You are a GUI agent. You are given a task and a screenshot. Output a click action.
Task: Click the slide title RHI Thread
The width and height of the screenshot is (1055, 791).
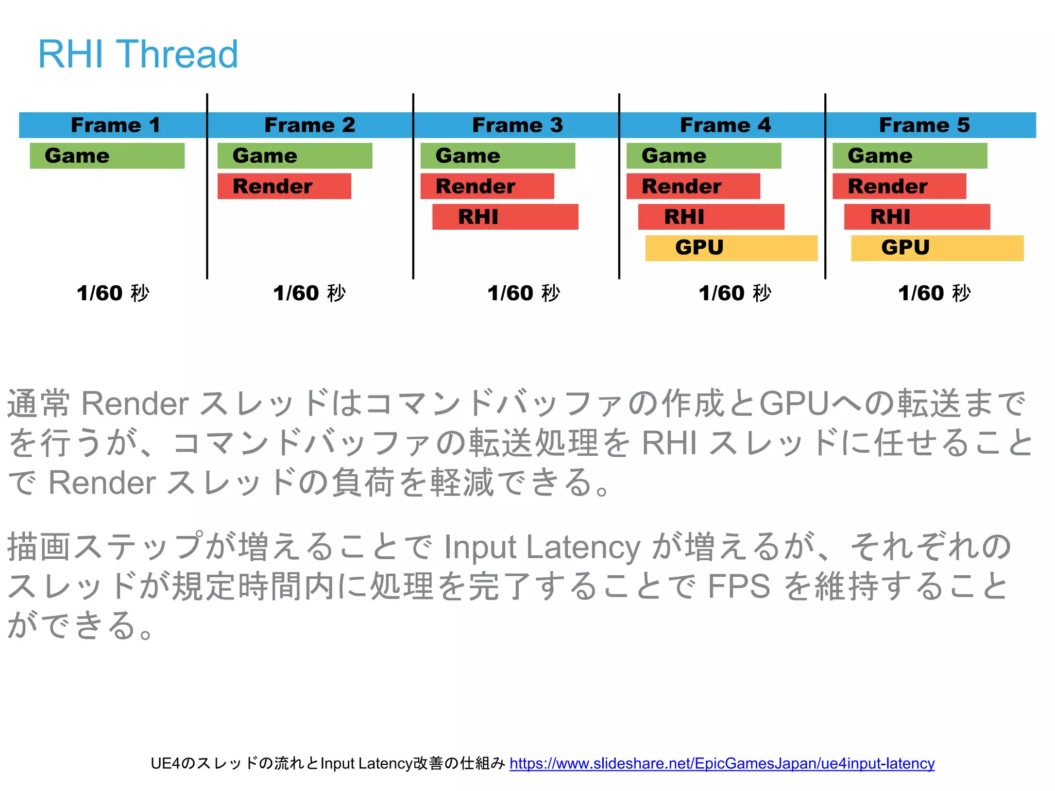138,54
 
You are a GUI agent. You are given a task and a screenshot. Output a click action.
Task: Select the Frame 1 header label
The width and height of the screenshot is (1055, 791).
115,125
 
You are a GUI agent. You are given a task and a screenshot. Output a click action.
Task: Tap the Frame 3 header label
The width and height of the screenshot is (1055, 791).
517,125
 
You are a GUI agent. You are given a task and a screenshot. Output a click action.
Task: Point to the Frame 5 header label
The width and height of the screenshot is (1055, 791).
924,125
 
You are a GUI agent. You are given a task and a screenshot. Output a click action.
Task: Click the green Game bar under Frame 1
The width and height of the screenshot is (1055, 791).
107,156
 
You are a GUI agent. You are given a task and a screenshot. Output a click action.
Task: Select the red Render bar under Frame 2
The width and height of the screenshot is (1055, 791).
284,186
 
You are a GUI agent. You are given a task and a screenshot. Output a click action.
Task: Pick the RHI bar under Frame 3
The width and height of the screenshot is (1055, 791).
505,217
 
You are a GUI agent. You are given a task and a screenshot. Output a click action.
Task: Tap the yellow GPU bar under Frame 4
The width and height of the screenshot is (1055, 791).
731,248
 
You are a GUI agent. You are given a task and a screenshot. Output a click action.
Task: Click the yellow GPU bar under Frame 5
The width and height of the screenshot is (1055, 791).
937,248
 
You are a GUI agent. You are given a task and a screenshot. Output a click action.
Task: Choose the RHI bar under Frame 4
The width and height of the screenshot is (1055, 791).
711,217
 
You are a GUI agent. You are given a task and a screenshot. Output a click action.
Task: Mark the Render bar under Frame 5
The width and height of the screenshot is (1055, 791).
899,186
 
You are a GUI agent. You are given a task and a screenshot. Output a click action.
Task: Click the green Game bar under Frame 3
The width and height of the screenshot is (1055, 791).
498,156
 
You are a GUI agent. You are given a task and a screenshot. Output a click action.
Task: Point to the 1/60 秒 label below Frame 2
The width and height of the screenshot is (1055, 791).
309,293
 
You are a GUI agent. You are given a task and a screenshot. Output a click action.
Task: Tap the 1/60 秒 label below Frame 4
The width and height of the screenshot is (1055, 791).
735,293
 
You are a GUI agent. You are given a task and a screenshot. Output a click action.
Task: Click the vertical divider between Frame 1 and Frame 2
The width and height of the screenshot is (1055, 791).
207,206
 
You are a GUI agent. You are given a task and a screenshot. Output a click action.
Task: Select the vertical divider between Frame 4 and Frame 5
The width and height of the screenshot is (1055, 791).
825,206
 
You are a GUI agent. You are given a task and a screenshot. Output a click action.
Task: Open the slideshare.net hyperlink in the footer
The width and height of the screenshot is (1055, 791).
722,763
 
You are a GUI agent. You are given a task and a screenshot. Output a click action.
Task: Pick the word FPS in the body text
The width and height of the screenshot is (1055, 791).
739,586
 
